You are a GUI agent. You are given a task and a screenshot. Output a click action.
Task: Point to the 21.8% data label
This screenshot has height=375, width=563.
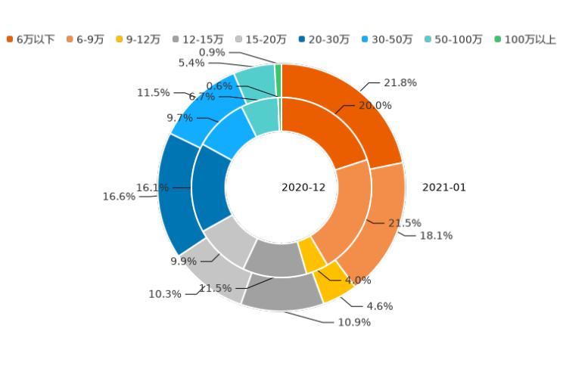coord(400,83)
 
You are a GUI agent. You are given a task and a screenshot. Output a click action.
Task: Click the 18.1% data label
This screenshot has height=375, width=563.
coord(436,236)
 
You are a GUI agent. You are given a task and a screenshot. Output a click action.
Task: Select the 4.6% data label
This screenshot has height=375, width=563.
coord(379,306)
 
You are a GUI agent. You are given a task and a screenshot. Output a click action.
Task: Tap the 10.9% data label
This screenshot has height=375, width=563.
coord(354,322)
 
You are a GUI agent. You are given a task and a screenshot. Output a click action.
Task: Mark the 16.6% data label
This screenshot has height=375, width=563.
coord(119,197)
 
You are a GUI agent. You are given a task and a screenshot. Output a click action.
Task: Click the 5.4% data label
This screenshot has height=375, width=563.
coord(191,63)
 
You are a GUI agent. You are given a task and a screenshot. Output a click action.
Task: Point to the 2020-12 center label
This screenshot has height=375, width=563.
coord(303,187)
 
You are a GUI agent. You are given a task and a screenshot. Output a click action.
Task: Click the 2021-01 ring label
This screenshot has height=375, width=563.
coord(444,187)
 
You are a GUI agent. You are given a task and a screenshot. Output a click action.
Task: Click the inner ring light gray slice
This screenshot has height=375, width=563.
coord(226,242)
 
